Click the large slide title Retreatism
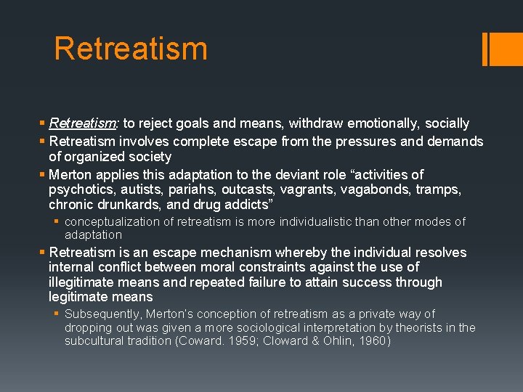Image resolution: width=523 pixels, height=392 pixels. [131, 49]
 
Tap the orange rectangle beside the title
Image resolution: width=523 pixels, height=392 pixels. [506, 49]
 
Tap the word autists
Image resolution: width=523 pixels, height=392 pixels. [143, 189]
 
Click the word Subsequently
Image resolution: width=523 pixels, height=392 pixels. [102, 314]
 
